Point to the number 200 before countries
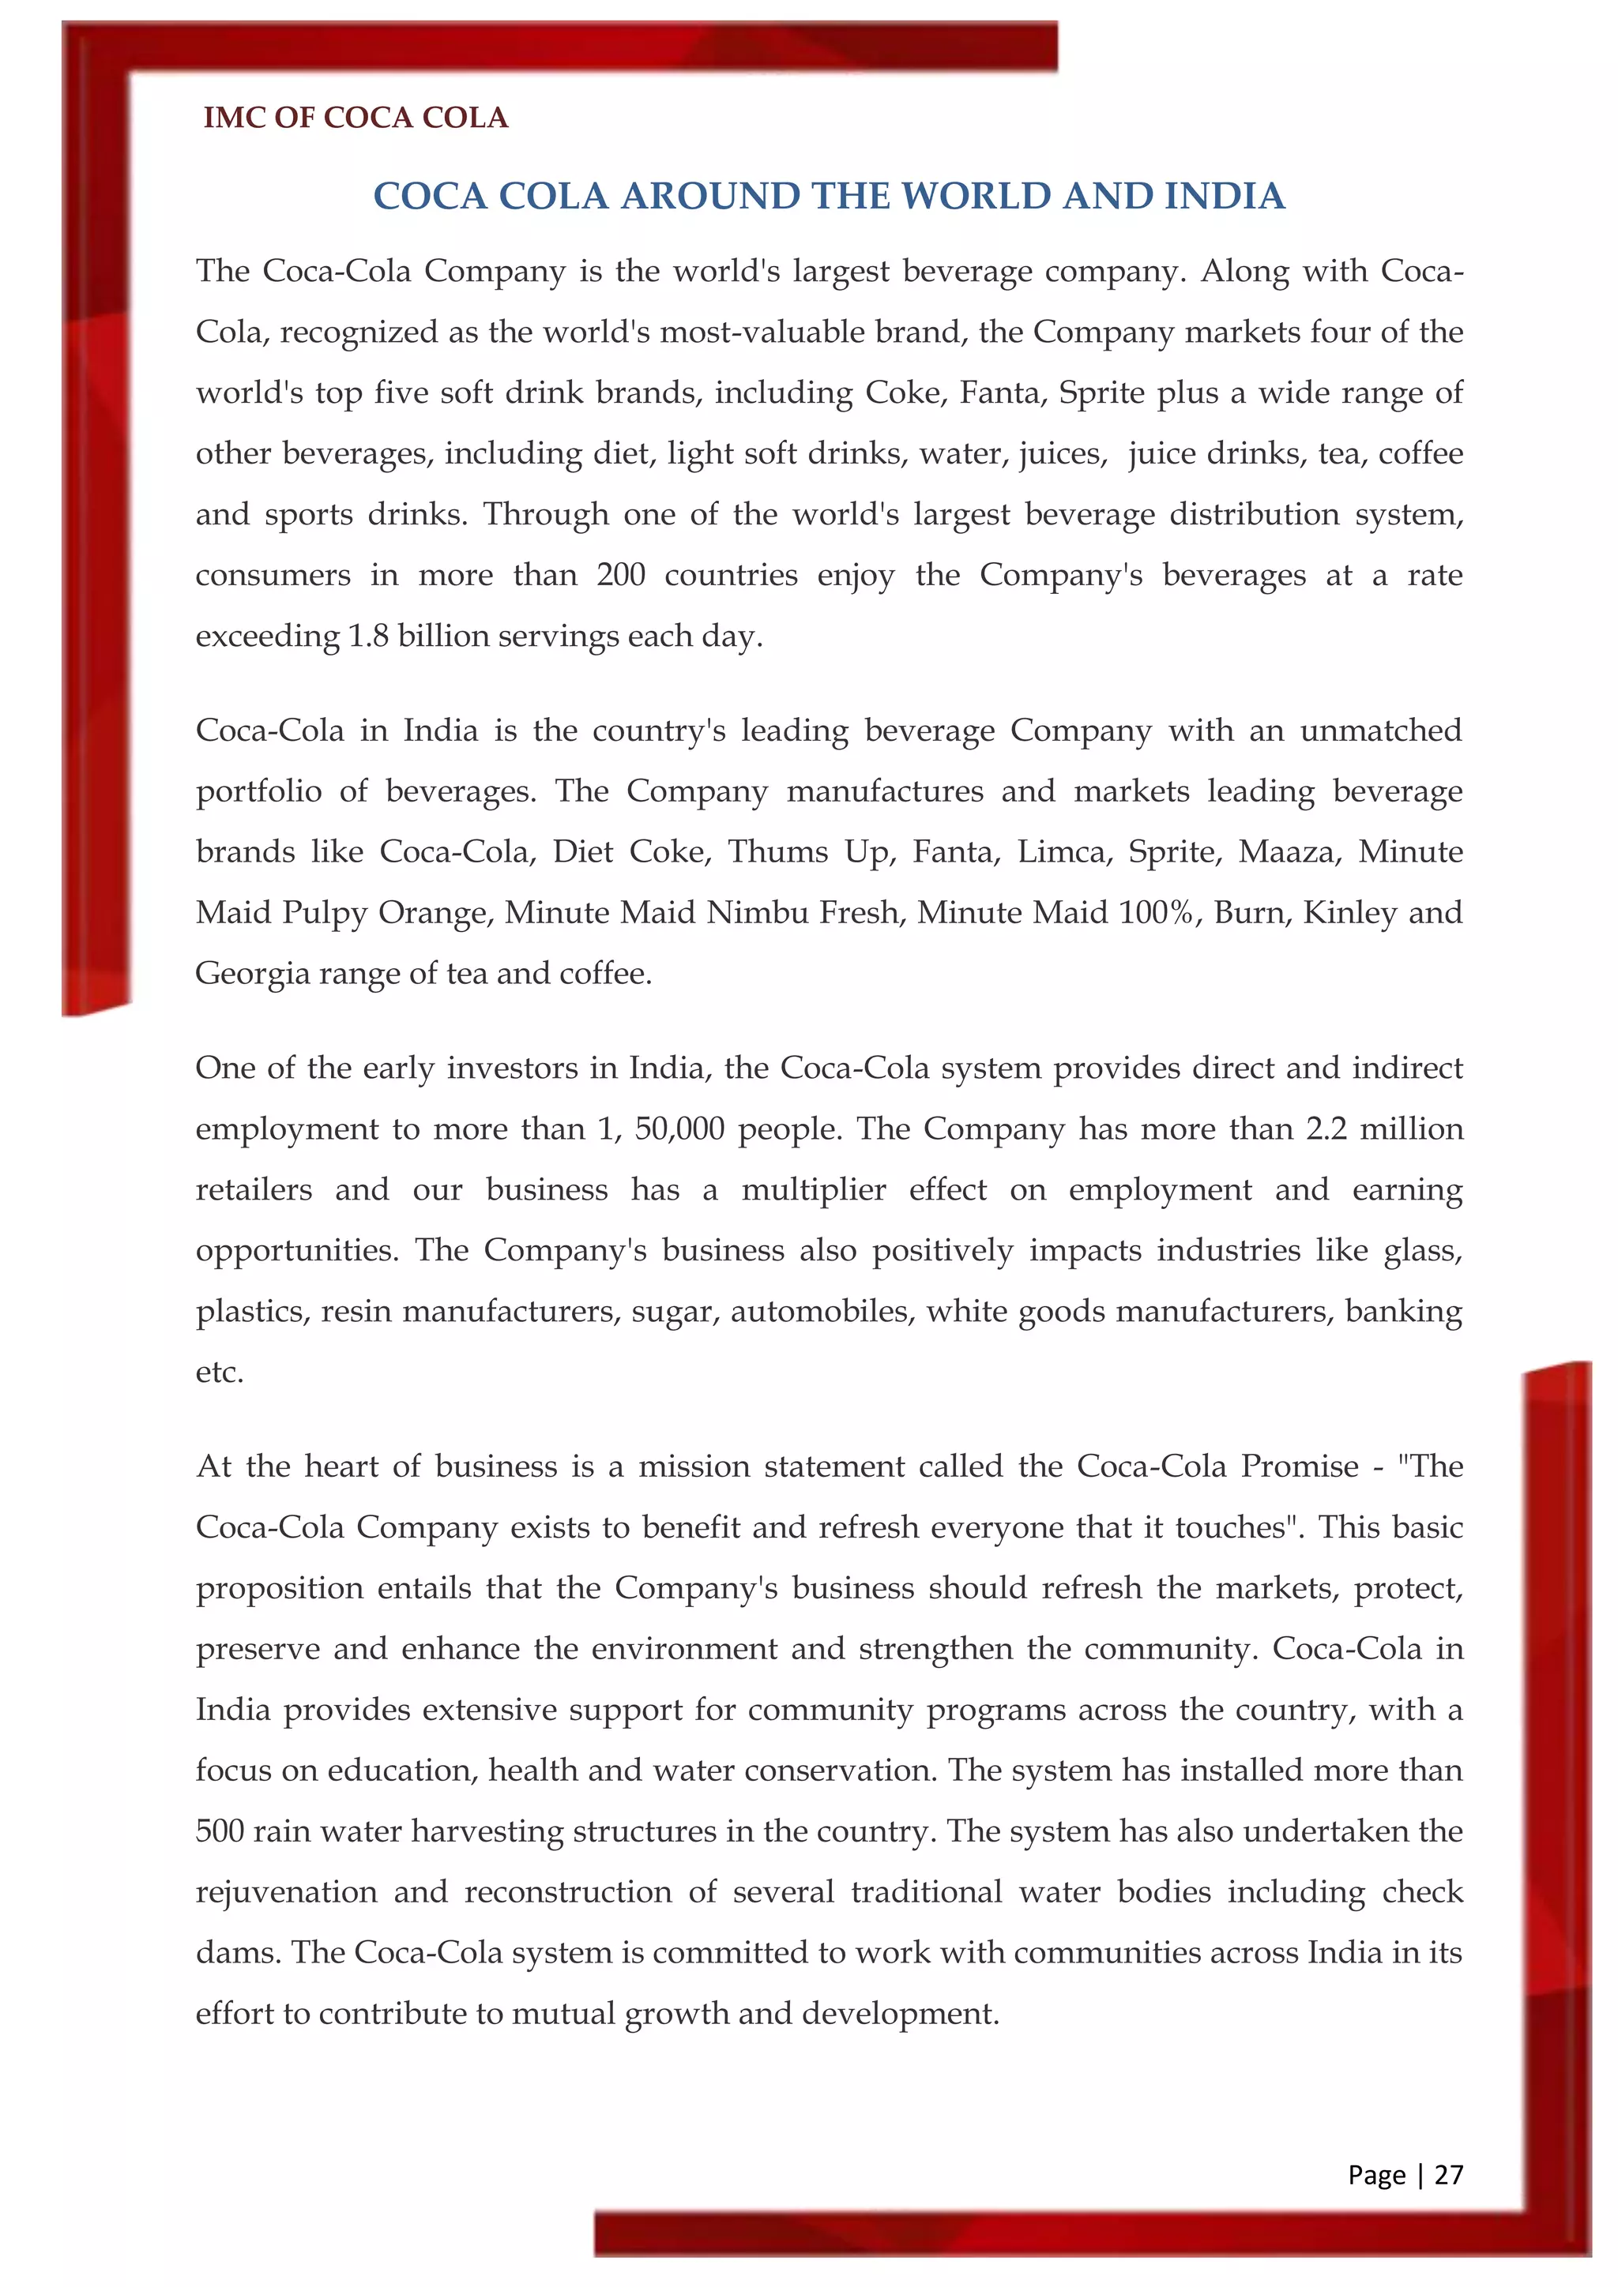621,575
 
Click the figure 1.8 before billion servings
369,636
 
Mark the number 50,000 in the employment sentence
679,1128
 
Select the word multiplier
813,1189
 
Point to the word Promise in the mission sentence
1299,1466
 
